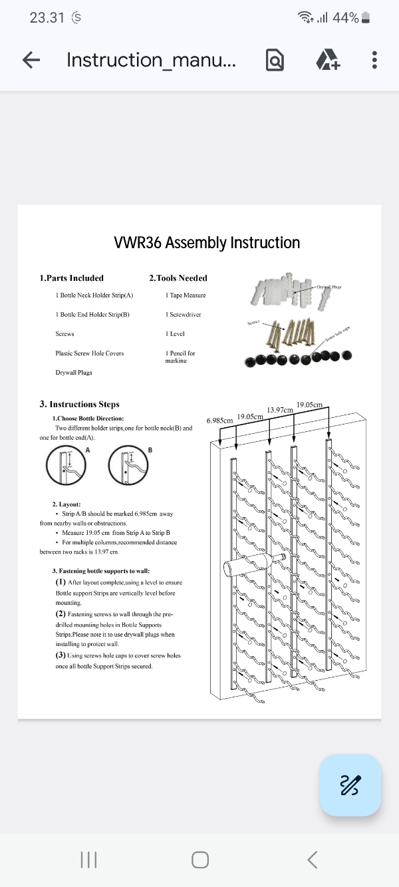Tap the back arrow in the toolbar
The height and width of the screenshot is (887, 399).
click(31, 60)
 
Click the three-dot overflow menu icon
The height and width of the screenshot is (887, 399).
click(374, 60)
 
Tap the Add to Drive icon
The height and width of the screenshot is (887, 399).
click(327, 60)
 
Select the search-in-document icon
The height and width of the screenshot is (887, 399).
click(275, 60)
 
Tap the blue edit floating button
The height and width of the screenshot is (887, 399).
click(350, 785)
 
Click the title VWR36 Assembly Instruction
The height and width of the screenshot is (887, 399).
click(207, 243)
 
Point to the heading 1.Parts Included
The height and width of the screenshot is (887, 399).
click(71, 278)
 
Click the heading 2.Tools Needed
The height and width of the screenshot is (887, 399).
click(178, 278)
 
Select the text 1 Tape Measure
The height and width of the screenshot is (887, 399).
click(186, 295)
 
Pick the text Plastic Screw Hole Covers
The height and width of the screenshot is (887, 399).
click(89, 353)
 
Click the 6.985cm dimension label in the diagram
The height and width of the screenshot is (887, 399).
click(219, 421)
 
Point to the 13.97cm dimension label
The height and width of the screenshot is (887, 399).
click(279, 410)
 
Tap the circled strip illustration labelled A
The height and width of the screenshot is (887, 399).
click(66, 466)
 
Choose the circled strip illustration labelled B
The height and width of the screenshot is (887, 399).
click(128, 466)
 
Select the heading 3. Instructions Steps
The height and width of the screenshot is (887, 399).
click(80, 404)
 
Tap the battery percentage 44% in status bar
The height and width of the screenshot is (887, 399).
click(346, 18)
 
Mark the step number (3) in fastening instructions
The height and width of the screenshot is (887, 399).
click(61, 656)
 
